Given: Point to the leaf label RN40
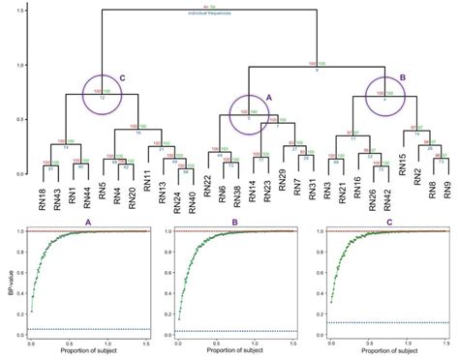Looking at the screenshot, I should tap(192, 187).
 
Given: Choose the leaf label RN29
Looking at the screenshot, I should tap(282, 187).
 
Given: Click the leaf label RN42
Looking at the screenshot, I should tap(385, 187).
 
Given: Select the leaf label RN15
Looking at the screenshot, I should tap(401, 187).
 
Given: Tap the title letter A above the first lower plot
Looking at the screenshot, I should tap(89, 222).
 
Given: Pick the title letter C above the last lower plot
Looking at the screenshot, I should tap(383, 222).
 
